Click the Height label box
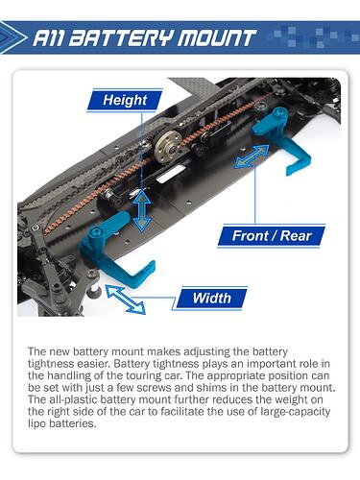click(125, 101)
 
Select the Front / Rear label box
click(272, 236)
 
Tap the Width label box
click(211, 299)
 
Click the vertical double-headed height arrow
click(142, 211)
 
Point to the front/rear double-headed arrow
click(252, 156)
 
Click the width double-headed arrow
click(125, 300)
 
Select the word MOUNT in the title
click(217, 37)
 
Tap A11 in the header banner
click(49, 37)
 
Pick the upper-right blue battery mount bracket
click(281, 139)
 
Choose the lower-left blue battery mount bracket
click(112, 245)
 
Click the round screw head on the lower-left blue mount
click(95, 232)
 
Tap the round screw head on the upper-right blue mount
click(279, 112)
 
